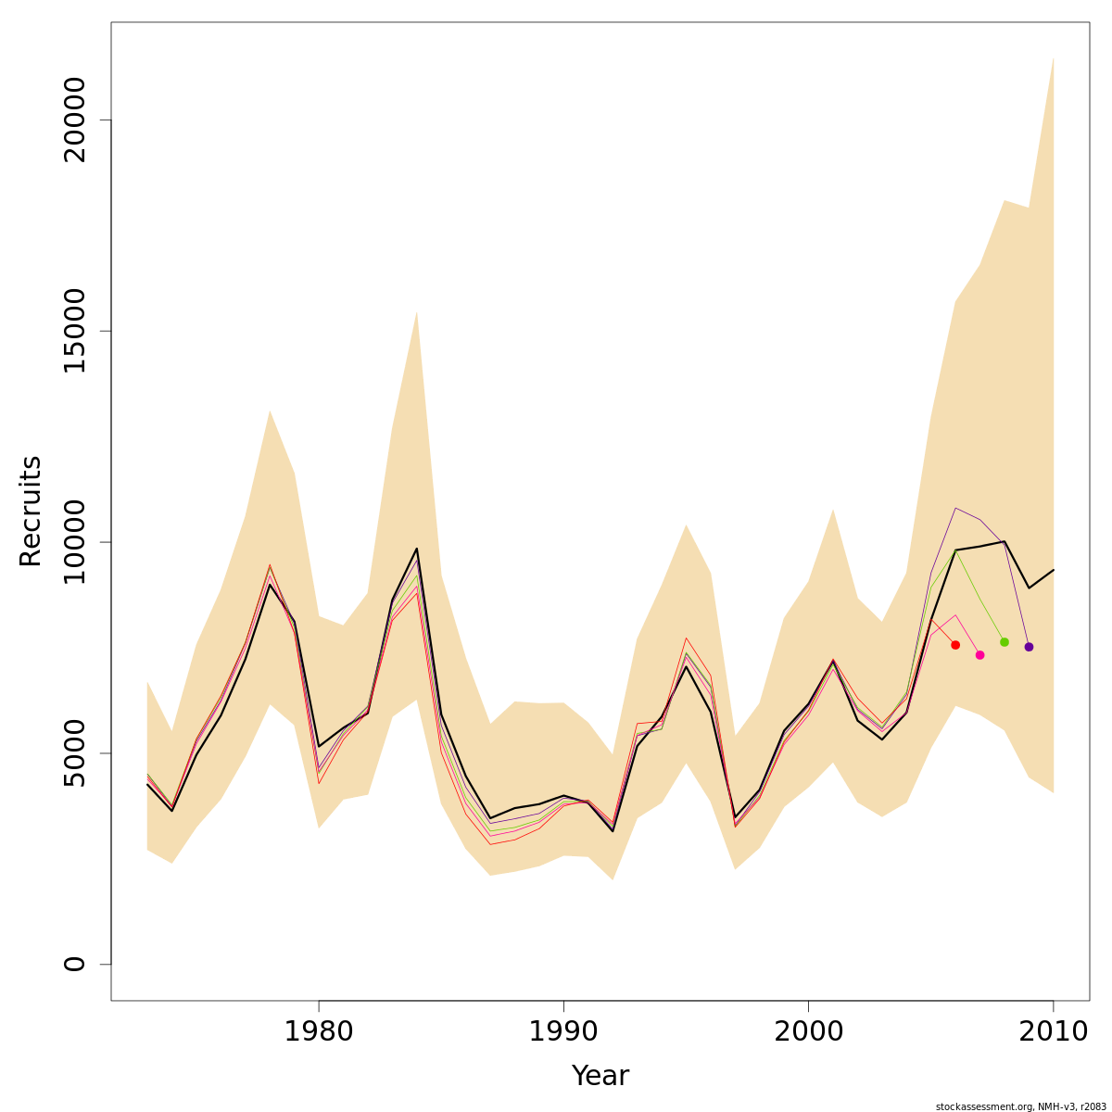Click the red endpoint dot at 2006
955,645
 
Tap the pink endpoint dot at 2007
979,655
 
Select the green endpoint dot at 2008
1005,642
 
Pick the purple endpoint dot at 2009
1029,647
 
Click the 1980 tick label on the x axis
319,1032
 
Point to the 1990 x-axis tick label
563,1032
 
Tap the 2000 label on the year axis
808,1032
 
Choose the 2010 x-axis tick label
1053,1032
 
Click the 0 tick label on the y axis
74,964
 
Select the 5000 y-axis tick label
74,752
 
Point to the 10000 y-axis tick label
74,542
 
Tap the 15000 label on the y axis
74,331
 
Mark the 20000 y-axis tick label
74,120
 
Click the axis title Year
600,1077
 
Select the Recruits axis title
31,512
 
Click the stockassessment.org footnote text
1020,1106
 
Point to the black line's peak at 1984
417,549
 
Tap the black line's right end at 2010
1054,570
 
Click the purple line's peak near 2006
955,508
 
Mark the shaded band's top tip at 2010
1054,57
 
